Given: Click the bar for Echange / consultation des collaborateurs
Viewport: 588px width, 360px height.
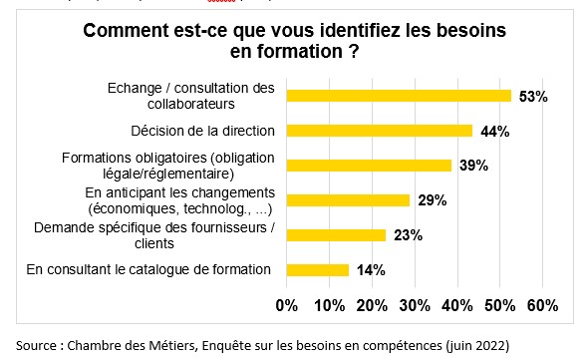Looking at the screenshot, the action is pos(399,96).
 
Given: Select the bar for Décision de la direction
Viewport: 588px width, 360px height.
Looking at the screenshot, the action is pos(380,131).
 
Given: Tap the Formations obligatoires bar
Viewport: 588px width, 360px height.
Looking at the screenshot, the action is pos(369,166).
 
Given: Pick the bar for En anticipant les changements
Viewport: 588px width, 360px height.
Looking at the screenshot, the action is pos(348,200).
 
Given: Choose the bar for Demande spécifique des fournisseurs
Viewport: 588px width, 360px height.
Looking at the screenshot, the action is pos(336,235).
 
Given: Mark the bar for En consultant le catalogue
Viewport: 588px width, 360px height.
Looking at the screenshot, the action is pos(318,270).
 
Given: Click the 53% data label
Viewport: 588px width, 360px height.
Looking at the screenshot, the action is pos(533,97).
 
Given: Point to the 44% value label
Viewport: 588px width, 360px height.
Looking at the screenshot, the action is pos(495,132).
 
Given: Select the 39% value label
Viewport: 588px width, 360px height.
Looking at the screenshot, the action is pos(474,166).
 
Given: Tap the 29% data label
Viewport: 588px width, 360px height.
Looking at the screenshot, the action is pos(433,200).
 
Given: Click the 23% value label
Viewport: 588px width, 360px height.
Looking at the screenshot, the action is pos(408,235).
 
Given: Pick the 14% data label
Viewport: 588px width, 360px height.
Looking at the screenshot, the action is pos(371,270).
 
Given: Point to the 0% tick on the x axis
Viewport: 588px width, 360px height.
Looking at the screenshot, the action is pos(287,305).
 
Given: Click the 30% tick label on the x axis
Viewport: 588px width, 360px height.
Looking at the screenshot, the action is pos(415,305).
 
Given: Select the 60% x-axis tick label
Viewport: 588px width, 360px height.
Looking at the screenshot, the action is pos(542,305).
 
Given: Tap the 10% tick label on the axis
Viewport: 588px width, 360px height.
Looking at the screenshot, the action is pos(330,305).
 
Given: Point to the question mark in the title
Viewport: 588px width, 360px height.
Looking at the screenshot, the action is pos(354,52).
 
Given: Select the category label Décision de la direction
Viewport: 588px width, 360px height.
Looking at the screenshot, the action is pos(203,131).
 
